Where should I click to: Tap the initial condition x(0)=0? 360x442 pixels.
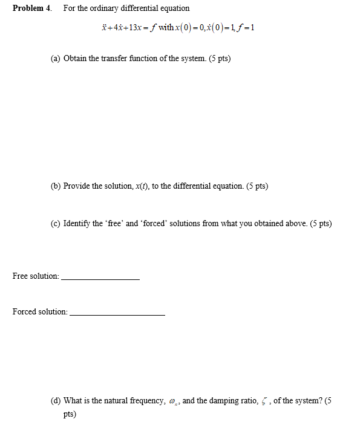coord(189,28)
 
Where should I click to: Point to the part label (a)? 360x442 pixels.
coord(56,59)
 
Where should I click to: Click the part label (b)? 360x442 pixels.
coord(56,186)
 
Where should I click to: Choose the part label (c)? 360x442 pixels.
coord(56,223)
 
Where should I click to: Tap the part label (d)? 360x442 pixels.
coord(56,400)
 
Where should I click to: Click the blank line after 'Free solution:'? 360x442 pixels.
coord(100,279)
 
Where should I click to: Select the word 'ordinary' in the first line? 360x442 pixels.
coord(102,8)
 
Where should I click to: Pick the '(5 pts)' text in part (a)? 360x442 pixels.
coord(218,59)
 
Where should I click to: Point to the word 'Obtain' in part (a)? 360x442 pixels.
coord(75,59)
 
